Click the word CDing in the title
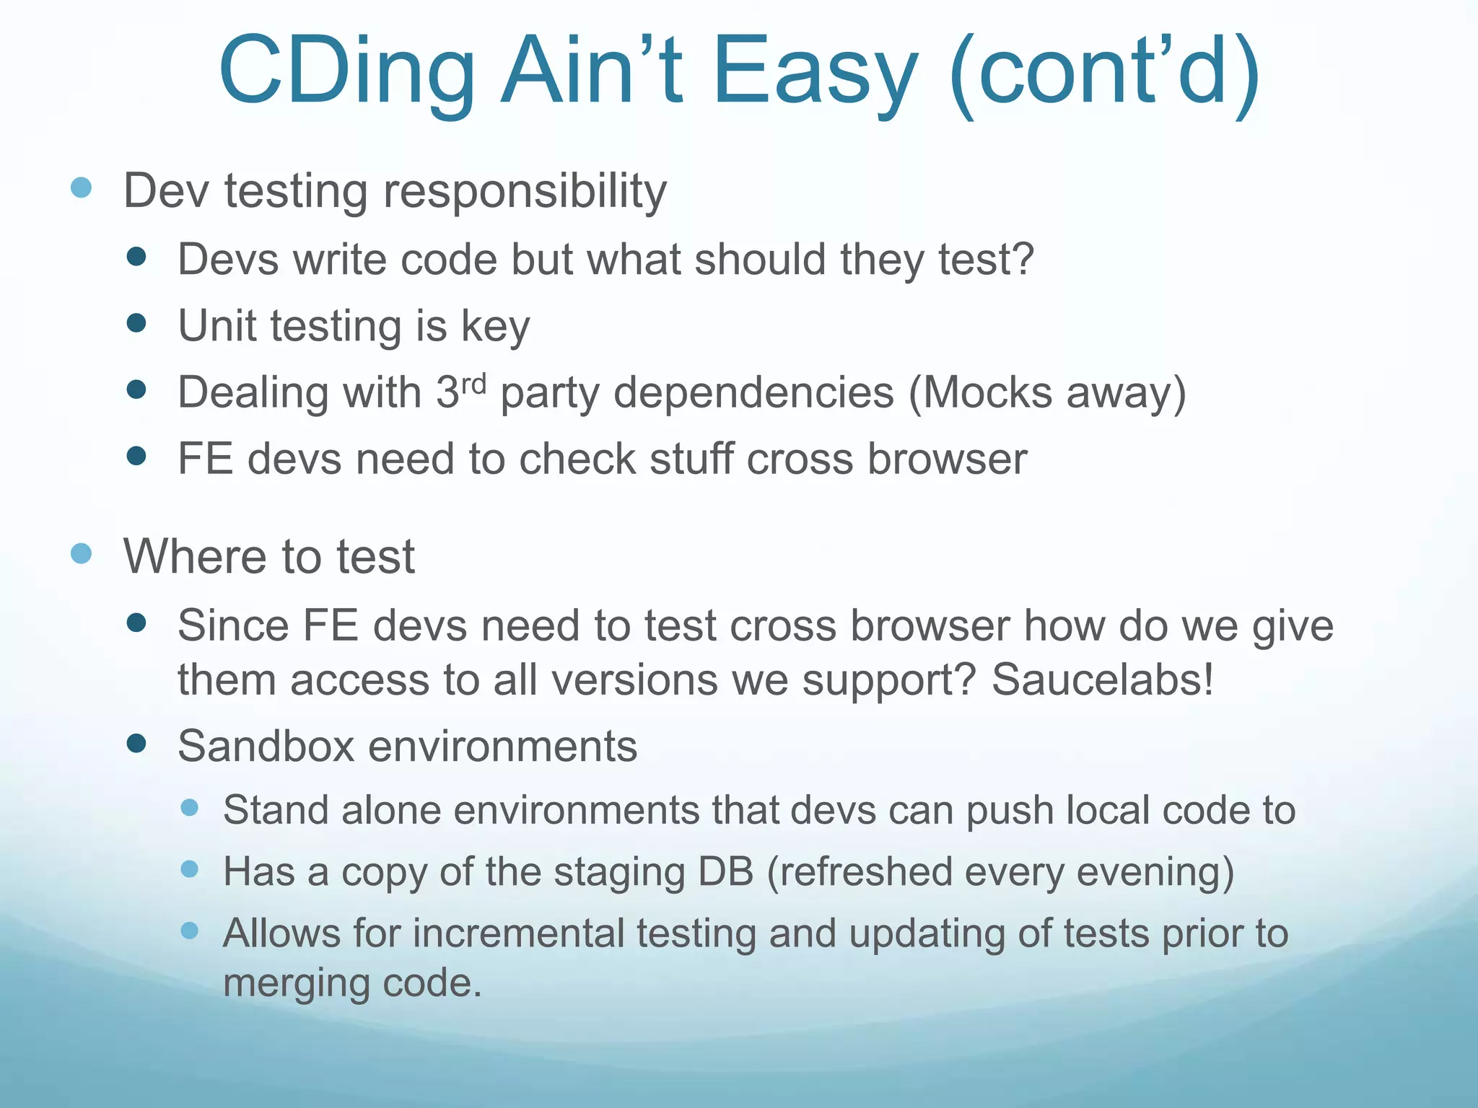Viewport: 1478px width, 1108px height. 346,72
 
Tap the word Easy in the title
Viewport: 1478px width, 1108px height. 815,72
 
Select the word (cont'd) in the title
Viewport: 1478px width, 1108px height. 1104,72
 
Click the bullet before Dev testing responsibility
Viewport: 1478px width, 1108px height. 82,188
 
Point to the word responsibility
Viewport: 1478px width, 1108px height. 525,192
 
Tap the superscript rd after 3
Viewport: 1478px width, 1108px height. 473,383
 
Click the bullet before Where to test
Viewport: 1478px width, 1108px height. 82,554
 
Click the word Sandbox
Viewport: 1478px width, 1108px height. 266,746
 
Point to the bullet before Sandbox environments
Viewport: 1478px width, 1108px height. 136,743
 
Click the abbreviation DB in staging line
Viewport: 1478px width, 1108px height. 725,871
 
